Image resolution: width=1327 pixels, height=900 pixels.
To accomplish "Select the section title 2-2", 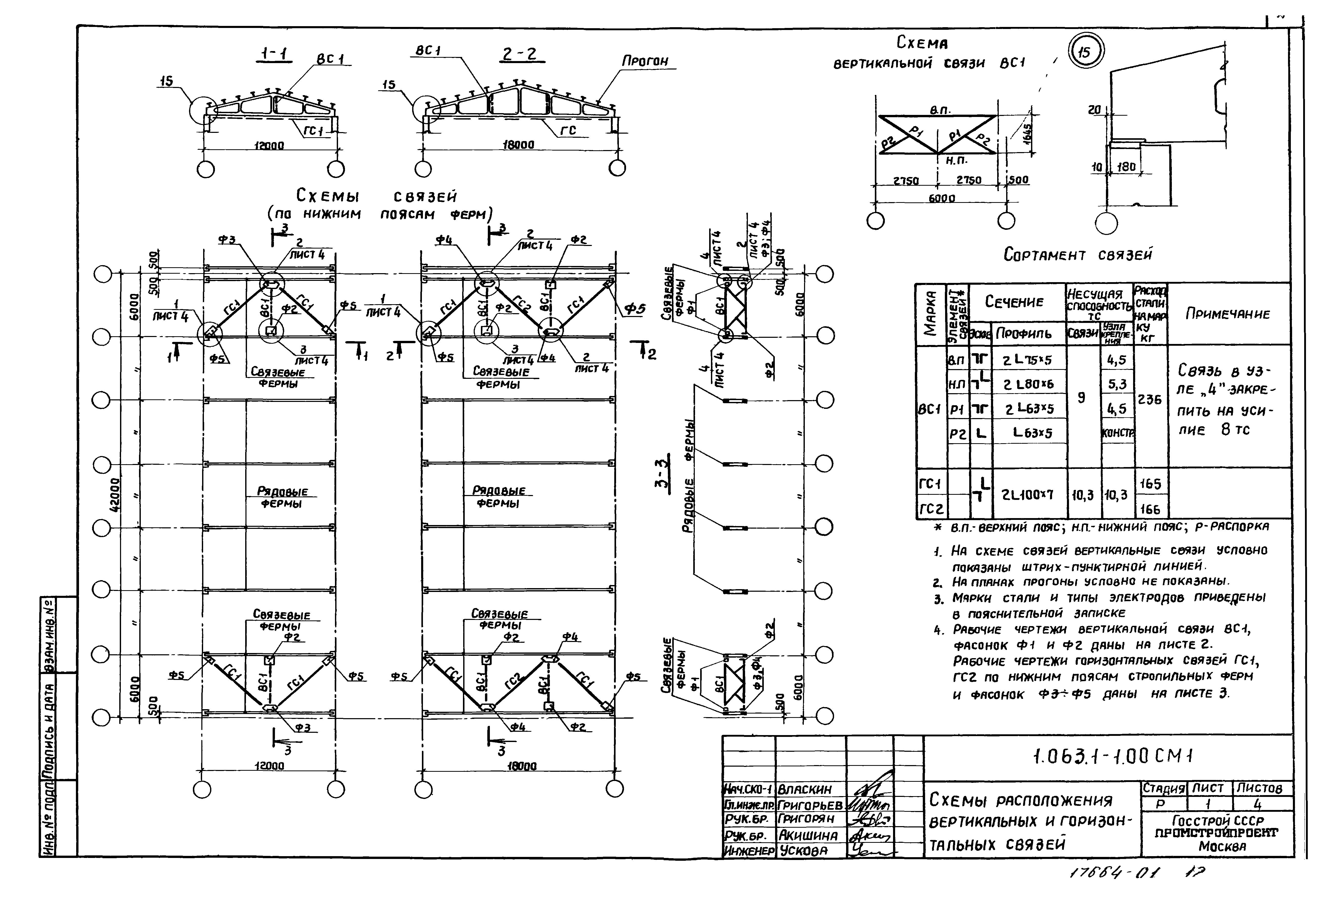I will tap(520, 54).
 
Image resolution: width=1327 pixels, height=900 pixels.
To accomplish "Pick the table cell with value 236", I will tap(1150, 400).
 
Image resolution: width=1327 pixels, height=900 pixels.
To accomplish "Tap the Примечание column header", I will tap(1228, 313).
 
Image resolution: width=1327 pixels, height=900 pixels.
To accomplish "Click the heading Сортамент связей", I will tap(1077, 255).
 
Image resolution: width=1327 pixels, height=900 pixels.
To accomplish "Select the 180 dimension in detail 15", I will tap(1126, 167).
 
